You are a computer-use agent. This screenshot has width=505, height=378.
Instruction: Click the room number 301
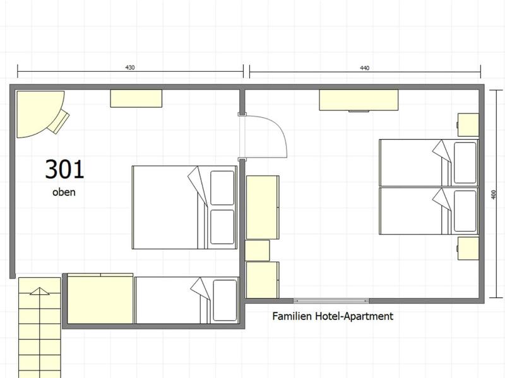[64, 169]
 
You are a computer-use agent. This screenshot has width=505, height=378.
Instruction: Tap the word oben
[64, 192]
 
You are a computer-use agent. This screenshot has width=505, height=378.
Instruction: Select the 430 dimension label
[130, 67]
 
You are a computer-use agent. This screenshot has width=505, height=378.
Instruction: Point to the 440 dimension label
[365, 68]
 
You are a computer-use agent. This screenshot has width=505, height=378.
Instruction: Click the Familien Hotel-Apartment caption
[333, 316]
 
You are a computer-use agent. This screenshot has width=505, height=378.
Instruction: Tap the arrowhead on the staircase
[40, 291]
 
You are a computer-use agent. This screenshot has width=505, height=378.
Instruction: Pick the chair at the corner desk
[59, 122]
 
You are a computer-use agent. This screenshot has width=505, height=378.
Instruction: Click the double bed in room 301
[184, 207]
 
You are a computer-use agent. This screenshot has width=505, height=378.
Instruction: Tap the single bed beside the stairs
[187, 301]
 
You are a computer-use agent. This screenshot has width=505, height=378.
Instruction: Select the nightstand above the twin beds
[468, 125]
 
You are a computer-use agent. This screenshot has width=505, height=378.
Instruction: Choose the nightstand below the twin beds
[468, 248]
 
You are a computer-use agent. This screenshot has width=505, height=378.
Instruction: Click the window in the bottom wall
[331, 301]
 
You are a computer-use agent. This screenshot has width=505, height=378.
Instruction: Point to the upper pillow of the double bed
[222, 188]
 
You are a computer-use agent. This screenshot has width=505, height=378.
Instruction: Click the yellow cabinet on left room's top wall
[136, 98]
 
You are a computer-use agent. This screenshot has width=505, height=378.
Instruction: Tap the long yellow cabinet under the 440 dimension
[359, 100]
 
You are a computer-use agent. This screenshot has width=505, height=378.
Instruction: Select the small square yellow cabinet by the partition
[258, 250]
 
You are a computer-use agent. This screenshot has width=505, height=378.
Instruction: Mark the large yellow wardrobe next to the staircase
[100, 299]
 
